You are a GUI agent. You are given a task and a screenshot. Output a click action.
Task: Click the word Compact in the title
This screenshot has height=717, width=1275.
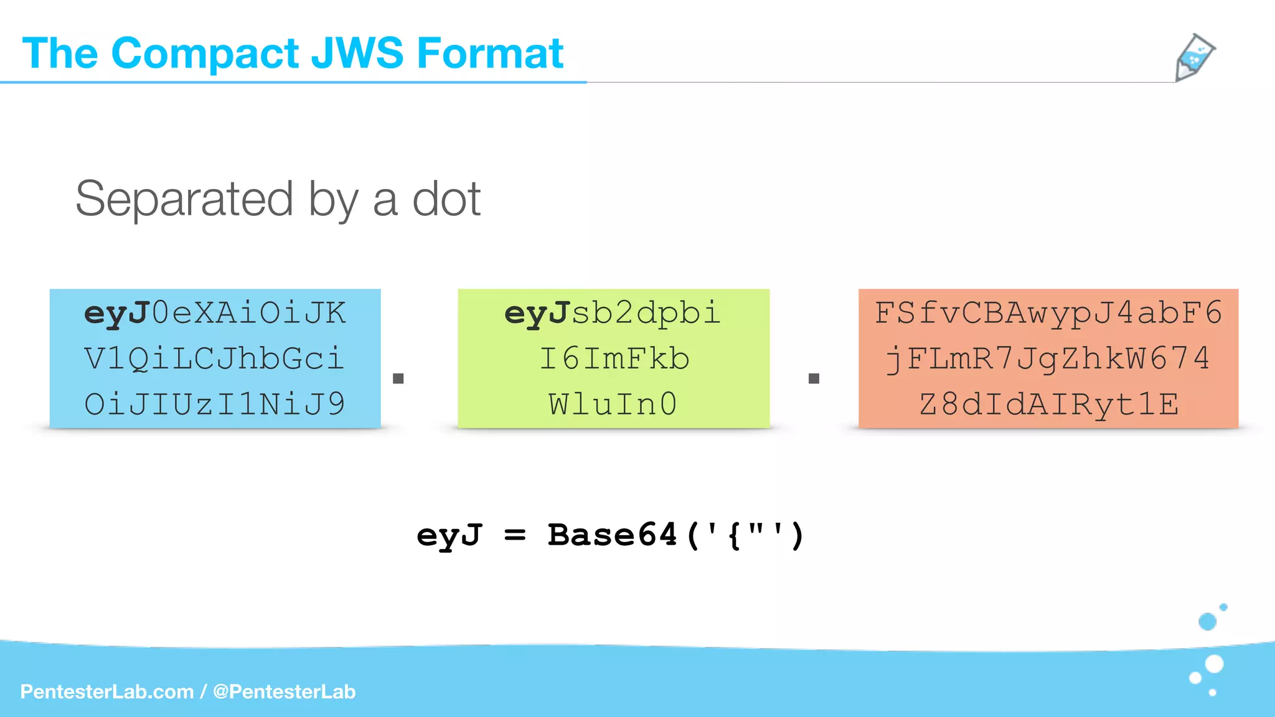(205, 54)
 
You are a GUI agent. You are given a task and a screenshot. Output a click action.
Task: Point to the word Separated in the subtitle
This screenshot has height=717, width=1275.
(184, 199)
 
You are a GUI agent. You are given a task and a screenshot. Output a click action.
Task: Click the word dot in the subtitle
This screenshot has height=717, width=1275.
(446, 199)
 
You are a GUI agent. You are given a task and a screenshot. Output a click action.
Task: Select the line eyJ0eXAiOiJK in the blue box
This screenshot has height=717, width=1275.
(215, 312)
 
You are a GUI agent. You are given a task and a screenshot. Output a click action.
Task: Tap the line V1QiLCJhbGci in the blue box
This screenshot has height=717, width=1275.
(215, 358)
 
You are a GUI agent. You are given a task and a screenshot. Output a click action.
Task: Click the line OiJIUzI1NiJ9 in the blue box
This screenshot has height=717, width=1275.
(215, 405)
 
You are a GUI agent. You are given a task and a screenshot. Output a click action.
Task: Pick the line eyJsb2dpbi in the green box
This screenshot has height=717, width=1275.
(613, 312)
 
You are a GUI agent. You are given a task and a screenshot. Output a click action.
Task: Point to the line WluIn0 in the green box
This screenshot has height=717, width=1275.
(613, 405)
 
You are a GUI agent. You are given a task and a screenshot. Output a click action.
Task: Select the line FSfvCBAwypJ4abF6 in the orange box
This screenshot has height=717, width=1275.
(1048, 312)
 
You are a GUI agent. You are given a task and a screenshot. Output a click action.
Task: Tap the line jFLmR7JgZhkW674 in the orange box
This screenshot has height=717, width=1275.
(1048, 358)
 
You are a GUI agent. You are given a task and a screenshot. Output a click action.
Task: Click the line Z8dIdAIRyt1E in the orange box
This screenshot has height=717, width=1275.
(1048, 405)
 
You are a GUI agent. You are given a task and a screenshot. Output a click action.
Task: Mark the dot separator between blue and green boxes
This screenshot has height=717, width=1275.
(398, 378)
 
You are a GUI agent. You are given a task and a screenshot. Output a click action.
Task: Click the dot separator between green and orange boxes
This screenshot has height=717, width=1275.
(814, 378)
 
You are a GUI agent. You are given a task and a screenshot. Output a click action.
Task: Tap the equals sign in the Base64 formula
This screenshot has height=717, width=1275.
(515, 535)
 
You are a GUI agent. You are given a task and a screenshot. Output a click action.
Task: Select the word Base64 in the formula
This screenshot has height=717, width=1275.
(612, 535)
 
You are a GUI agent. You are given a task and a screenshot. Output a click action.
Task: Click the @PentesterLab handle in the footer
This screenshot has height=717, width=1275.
(284, 691)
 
